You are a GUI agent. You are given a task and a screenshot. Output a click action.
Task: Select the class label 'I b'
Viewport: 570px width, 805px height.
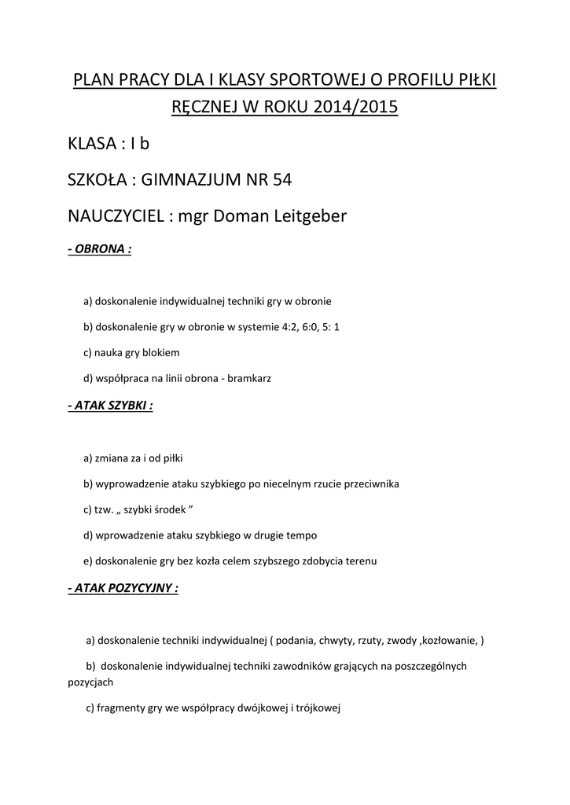tap(139, 144)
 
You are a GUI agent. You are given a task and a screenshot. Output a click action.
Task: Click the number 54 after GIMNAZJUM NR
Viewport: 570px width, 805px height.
tap(281, 179)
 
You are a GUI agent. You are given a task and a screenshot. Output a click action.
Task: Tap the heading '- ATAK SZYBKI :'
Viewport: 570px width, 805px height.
tap(111, 406)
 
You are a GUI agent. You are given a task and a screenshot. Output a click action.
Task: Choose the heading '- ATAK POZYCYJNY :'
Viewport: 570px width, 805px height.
tap(123, 588)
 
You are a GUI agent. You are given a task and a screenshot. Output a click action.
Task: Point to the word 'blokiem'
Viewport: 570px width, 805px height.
tap(162, 352)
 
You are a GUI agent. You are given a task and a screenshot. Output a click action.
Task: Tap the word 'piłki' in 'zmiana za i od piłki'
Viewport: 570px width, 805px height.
tap(171, 458)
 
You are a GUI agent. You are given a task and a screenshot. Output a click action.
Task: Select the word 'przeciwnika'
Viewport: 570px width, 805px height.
tap(370, 483)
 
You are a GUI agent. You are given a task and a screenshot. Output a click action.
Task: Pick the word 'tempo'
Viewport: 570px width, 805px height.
tap(302, 535)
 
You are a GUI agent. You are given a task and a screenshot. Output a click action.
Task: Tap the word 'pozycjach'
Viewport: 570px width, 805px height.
tap(91, 682)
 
